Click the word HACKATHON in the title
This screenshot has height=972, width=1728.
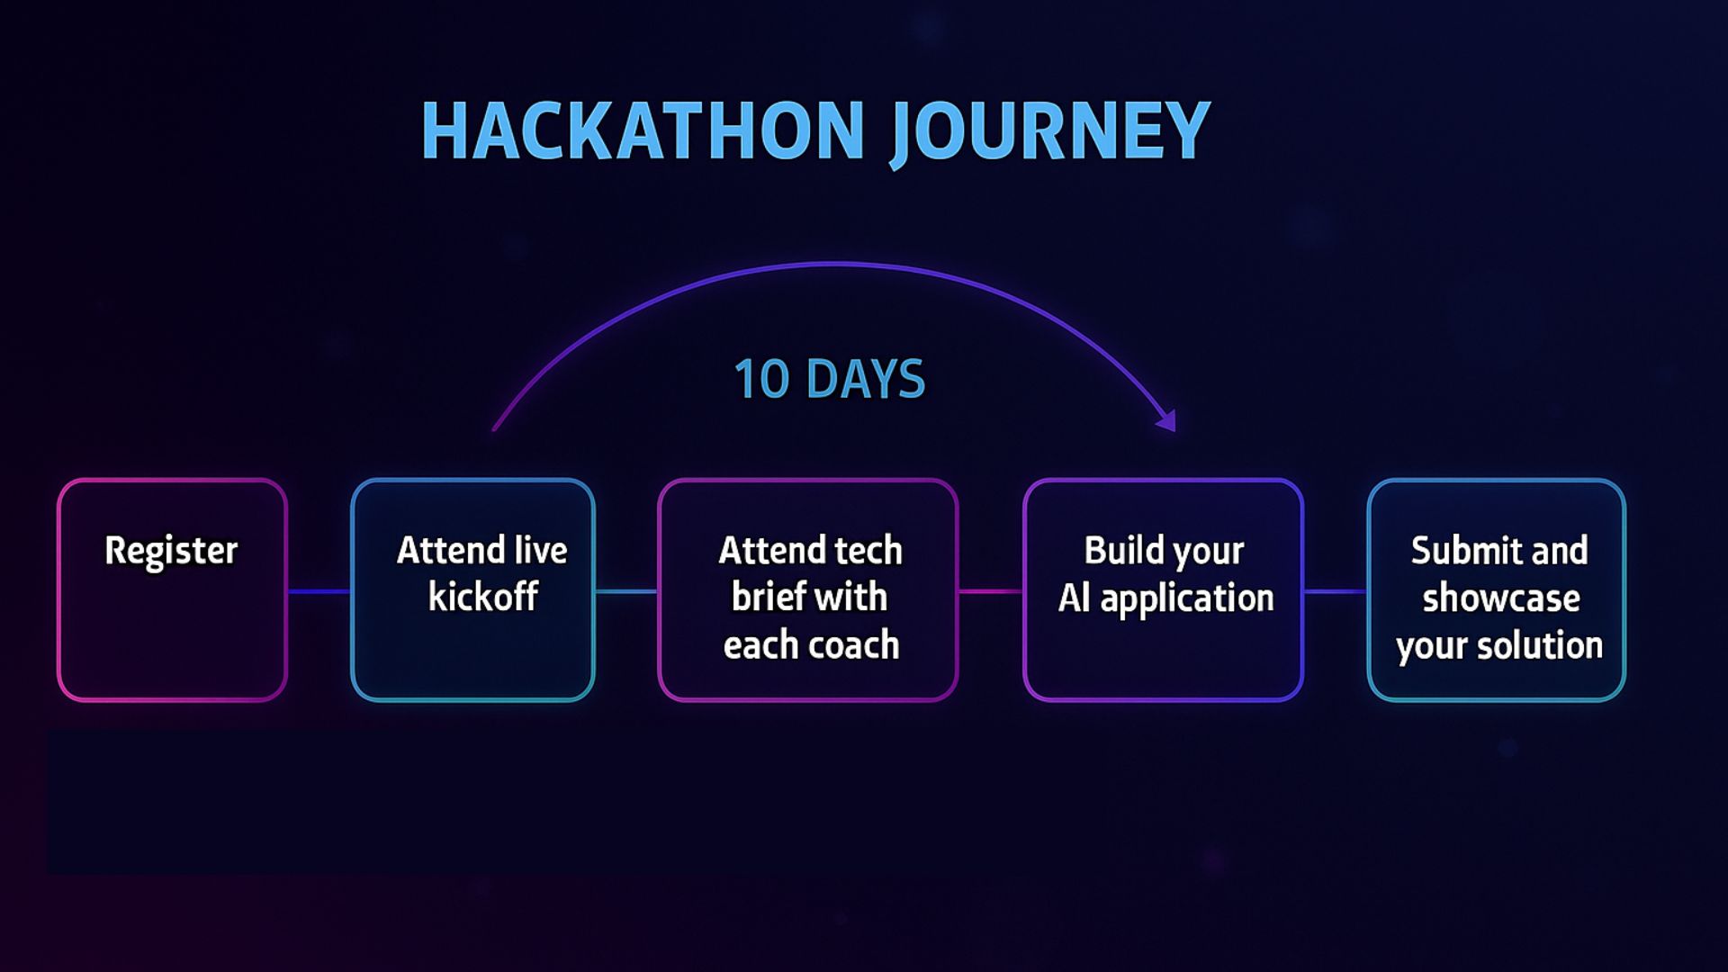(x=643, y=130)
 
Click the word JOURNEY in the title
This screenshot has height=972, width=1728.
(x=1049, y=132)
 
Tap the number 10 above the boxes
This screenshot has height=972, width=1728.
(x=761, y=379)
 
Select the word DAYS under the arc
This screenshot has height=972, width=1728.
(x=866, y=379)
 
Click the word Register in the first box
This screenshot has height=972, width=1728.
(x=171, y=551)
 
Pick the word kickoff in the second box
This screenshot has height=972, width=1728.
(x=483, y=597)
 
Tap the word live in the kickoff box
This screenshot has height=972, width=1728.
(x=540, y=550)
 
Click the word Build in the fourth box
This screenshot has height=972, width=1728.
(x=1119, y=550)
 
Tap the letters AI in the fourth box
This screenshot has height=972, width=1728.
(x=1075, y=598)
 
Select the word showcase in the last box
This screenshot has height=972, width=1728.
(x=1501, y=598)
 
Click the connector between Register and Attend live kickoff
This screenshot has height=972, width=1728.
(x=319, y=591)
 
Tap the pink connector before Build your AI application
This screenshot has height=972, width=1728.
(x=991, y=591)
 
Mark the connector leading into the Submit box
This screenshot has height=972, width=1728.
(x=1336, y=591)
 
